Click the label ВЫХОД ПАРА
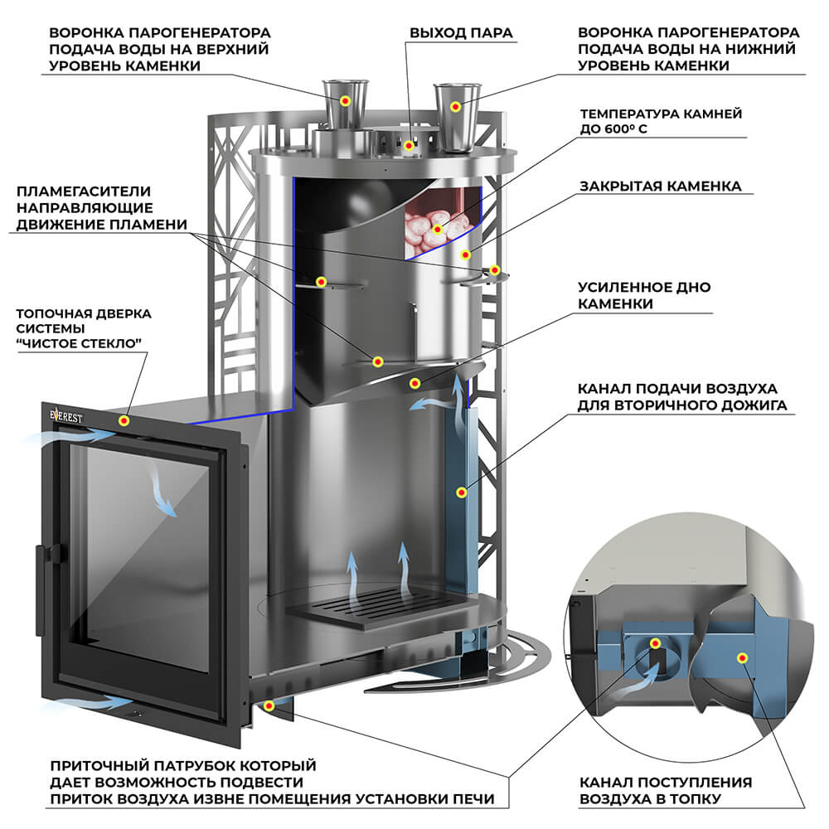click(x=462, y=33)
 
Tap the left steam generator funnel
click(x=343, y=103)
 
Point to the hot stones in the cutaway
click(x=433, y=223)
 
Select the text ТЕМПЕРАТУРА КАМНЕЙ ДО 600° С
click(x=660, y=121)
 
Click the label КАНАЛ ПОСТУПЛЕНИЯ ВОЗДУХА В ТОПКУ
click(x=666, y=790)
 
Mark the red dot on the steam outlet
click(x=409, y=144)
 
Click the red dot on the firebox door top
click(x=124, y=420)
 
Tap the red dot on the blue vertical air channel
click(x=461, y=492)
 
